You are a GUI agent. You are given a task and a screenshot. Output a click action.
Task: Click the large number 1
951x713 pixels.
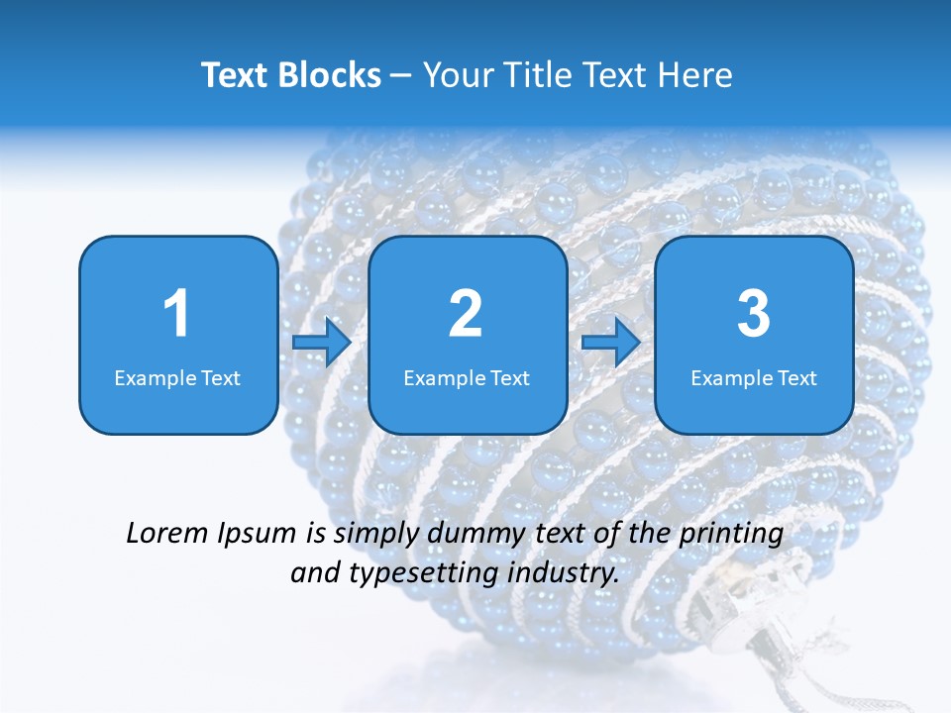tap(176, 314)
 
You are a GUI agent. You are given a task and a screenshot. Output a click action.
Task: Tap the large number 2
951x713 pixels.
tap(466, 314)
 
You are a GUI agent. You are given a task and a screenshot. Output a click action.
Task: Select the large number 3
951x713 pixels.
tap(753, 314)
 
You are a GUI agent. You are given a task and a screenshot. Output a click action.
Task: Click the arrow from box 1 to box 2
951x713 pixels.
tap(322, 343)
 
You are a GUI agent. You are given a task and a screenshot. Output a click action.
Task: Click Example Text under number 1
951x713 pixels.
tap(177, 377)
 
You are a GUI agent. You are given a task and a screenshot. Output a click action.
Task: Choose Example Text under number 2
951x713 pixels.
tap(467, 377)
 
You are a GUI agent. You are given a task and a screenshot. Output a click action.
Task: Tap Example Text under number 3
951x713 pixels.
tap(754, 377)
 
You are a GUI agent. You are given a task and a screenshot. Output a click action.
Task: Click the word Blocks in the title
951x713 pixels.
tap(330, 75)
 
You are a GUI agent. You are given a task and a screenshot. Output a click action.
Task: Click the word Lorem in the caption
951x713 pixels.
tap(166, 534)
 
